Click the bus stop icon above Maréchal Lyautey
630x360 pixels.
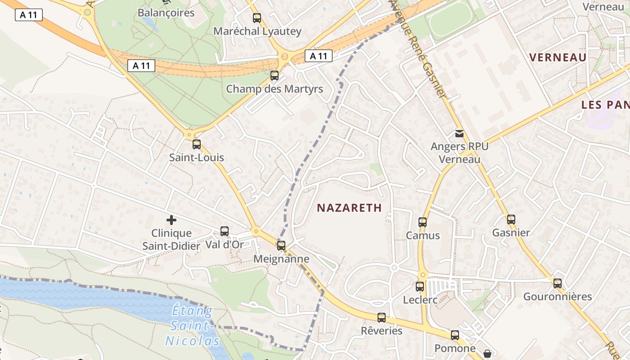coord(257,18)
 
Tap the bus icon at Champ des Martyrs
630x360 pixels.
coord(274,76)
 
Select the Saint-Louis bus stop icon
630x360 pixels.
coord(197,144)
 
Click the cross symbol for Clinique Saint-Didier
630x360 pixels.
coord(171,220)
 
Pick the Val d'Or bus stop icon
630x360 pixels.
coord(225,231)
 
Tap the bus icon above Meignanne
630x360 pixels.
coord(281,246)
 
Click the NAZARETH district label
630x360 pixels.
coord(349,208)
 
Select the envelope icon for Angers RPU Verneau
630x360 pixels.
coord(459,134)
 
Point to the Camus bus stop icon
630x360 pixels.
coord(423,222)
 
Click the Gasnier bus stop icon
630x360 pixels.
coord(511,220)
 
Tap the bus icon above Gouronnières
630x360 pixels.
coord(558,283)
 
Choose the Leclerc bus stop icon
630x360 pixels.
coord(420,286)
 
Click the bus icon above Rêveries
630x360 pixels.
coord(382,318)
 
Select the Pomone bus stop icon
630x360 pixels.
coord(455,335)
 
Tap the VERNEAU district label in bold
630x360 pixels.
coord(558,58)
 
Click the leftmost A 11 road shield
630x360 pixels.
coord(29,15)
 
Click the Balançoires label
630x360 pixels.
coord(166,13)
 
